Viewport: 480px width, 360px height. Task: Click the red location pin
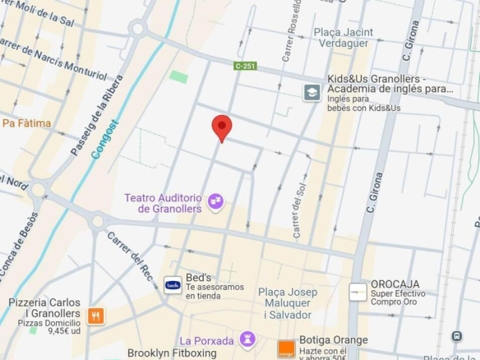pos(222,127)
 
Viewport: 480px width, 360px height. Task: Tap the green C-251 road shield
pos(245,65)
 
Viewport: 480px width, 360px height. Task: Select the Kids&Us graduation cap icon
pos(312,92)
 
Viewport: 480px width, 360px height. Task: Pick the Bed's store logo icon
pos(173,285)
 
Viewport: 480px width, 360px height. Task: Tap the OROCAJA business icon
pos(358,292)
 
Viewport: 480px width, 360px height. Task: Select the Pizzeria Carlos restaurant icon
pos(96,316)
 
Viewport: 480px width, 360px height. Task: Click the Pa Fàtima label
pos(26,123)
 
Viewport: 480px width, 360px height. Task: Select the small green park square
pos(178,76)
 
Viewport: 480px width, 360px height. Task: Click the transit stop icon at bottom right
pos(456,336)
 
